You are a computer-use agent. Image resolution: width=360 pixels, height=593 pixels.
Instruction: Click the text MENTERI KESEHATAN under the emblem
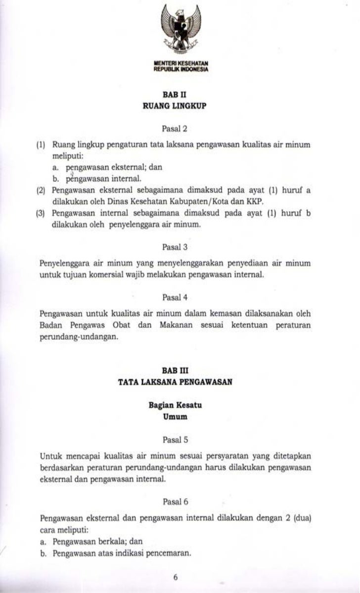[x=181, y=64]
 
